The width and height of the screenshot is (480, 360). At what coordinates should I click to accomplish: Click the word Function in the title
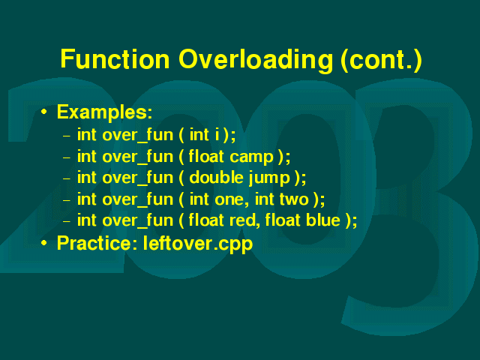115,58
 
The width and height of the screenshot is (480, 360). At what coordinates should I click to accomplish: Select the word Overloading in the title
256,61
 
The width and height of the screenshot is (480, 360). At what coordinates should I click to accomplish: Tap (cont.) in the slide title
382,61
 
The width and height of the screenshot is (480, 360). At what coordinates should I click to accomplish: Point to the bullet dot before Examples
44,112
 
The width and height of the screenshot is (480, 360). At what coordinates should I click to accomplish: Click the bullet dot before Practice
44,243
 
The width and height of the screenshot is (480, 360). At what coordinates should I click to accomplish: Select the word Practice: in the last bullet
97,243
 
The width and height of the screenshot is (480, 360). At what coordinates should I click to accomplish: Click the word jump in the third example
269,178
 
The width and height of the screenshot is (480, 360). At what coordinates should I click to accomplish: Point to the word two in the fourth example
294,199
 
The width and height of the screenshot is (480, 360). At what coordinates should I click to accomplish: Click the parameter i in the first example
217,135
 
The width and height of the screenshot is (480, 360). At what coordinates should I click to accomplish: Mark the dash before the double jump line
67,178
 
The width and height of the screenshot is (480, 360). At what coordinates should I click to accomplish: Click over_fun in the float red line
138,221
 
